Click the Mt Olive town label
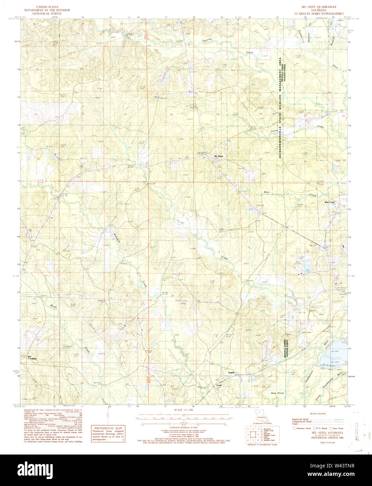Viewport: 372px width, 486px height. point(218,156)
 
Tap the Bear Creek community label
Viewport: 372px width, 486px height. point(329,202)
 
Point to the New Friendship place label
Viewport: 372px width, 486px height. point(32,358)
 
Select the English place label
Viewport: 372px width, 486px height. point(231,373)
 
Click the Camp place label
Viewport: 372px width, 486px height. point(219,385)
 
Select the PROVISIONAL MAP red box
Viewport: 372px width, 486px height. point(108,434)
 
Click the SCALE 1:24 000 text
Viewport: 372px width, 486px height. point(185,409)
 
